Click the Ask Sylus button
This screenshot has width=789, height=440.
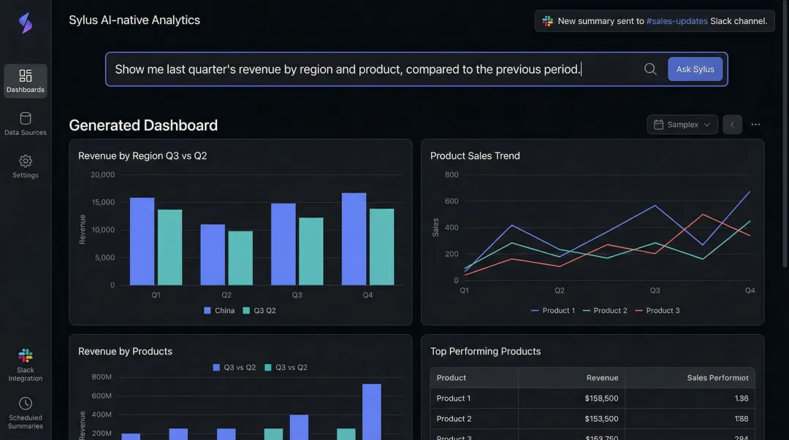[x=695, y=69]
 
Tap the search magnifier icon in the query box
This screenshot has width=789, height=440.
[x=650, y=69]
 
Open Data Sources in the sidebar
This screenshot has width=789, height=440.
[x=26, y=123]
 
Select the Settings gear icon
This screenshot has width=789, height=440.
[x=26, y=161]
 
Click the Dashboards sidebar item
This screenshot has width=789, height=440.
[x=26, y=80]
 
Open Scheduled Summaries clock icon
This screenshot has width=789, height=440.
[x=26, y=404]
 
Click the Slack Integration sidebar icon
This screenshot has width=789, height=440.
[x=26, y=356]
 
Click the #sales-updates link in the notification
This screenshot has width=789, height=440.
[x=676, y=21]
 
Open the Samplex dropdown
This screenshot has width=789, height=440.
[x=682, y=125]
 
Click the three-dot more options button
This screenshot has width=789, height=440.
[x=755, y=125]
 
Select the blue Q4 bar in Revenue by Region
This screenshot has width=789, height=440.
[x=354, y=239]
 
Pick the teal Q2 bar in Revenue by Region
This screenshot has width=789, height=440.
[x=240, y=258]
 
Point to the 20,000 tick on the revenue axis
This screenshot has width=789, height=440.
[x=102, y=174]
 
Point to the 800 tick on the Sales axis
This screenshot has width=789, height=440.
[x=451, y=174]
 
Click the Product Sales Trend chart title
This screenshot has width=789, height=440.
[x=475, y=155]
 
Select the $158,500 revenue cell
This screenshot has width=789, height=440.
[x=601, y=398]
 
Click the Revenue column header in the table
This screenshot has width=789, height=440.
[x=602, y=378]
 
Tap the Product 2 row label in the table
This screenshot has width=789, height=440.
[x=454, y=419]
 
